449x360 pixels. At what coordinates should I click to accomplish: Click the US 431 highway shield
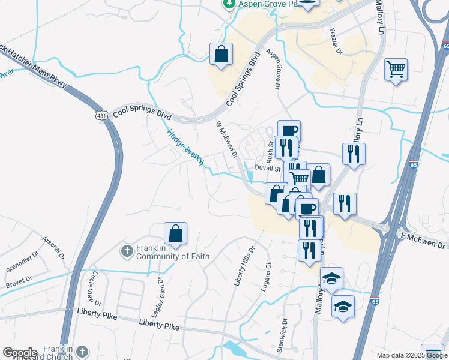(x=100, y=113)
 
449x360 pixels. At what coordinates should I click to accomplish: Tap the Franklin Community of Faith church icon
(x=127, y=250)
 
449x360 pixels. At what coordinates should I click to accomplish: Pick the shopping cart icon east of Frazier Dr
(x=396, y=70)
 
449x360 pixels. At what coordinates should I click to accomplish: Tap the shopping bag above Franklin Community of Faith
(x=175, y=234)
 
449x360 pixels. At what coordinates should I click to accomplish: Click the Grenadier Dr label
(x=19, y=263)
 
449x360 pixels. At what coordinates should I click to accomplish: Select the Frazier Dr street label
(x=334, y=43)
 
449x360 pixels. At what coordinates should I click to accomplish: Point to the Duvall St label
(x=268, y=169)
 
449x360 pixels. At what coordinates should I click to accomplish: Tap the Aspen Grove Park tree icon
(x=229, y=4)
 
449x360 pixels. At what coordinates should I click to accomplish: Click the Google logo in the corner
(x=20, y=353)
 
